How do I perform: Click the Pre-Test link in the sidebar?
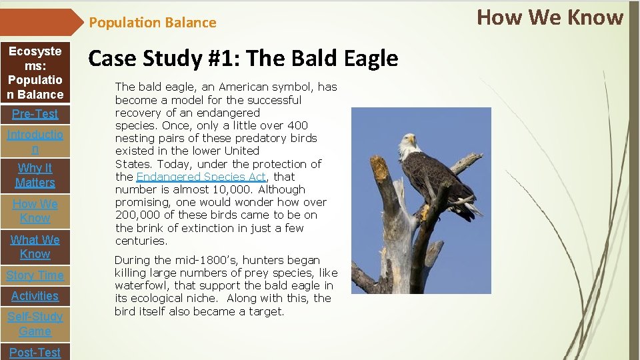point(35,113)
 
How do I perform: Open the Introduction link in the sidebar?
point(35,142)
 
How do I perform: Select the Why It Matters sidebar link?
point(35,175)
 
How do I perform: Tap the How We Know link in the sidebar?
point(35,211)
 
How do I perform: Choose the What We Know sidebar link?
point(35,247)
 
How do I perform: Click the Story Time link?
point(35,275)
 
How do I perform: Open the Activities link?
point(35,296)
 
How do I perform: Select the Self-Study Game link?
point(35,324)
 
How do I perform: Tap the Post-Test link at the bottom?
point(35,352)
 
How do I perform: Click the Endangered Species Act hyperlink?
point(201,177)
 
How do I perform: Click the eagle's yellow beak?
point(413,141)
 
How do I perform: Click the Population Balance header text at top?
point(153,23)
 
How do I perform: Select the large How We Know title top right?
point(550,17)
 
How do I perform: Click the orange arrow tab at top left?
point(40,22)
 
